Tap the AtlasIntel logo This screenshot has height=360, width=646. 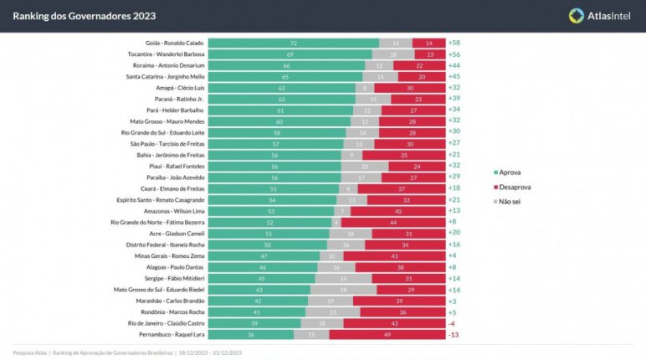coord(598,15)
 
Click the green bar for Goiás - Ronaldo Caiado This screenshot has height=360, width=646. coord(294,42)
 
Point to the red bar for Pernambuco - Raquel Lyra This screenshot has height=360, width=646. coord(387,334)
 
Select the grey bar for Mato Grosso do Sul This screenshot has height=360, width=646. coord(343,289)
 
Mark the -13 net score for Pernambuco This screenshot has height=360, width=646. coord(454,334)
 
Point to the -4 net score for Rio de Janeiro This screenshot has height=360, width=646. coord(453,323)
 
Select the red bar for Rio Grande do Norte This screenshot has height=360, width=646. coord(392,222)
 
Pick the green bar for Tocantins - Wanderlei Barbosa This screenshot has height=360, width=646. coord(290,54)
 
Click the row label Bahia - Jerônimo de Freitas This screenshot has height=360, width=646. coord(170,154)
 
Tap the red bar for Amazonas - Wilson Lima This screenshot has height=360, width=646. coord(397,210)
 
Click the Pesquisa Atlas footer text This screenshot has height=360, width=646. coord(30,352)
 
